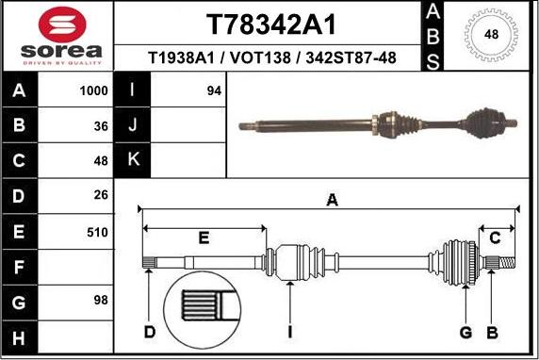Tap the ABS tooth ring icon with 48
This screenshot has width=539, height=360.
coord(490,35)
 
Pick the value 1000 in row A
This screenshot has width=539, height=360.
coord(94,92)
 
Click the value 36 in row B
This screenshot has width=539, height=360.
coord(101,125)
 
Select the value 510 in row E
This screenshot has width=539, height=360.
coord(96,230)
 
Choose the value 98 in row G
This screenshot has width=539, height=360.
coord(101,301)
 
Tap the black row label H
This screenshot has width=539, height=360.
coord(20,336)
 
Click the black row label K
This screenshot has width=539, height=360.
coord(133,160)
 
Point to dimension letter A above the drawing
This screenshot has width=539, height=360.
coord(332,200)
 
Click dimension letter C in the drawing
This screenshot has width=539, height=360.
coord(495,237)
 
